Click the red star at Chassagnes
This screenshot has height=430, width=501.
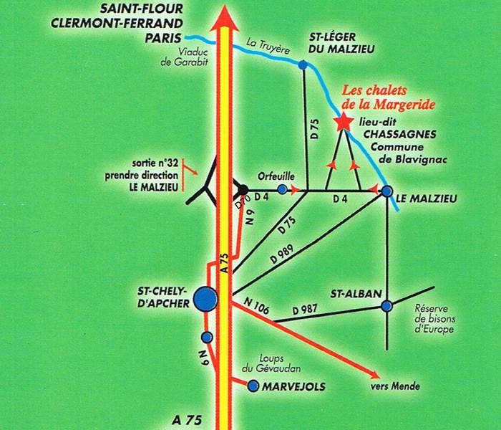click(x=344, y=122)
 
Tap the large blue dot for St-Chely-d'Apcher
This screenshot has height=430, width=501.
click(x=207, y=298)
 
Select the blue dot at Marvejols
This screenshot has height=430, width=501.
click(x=253, y=386)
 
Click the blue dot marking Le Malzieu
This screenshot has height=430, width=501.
click(x=386, y=191)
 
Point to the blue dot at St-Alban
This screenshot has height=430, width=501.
click(x=386, y=306)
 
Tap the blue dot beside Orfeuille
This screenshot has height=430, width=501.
click(x=283, y=190)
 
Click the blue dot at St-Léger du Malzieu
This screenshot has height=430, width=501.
click(x=303, y=65)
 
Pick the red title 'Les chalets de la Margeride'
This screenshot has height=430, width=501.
click(x=389, y=98)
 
